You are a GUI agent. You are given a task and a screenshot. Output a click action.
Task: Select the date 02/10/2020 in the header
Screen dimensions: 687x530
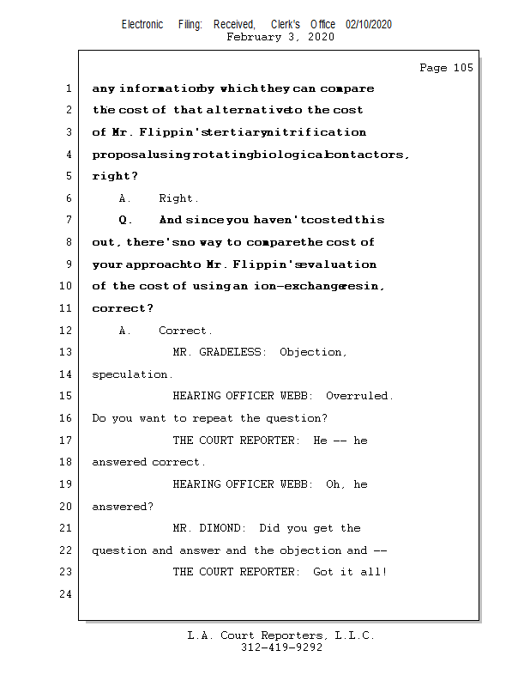(369, 25)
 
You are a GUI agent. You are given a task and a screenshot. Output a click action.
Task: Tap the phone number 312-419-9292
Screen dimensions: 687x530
(281, 648)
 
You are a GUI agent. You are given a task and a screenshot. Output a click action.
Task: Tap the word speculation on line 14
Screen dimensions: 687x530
(132, 374)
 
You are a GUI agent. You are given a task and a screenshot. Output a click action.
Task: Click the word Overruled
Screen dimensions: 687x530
(359, 396)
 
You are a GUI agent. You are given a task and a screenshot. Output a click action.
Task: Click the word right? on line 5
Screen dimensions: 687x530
(115, 176)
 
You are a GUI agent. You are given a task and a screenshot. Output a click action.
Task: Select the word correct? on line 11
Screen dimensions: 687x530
(123, 308)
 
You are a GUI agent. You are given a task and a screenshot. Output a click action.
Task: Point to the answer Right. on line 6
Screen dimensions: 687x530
(178, 198)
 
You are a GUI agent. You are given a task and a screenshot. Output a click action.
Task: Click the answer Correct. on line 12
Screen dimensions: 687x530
(185, 331)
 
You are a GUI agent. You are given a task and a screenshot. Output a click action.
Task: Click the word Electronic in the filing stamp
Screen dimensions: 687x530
(142, 25)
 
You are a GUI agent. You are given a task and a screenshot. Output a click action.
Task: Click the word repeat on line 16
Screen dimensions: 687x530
(215, 418)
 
